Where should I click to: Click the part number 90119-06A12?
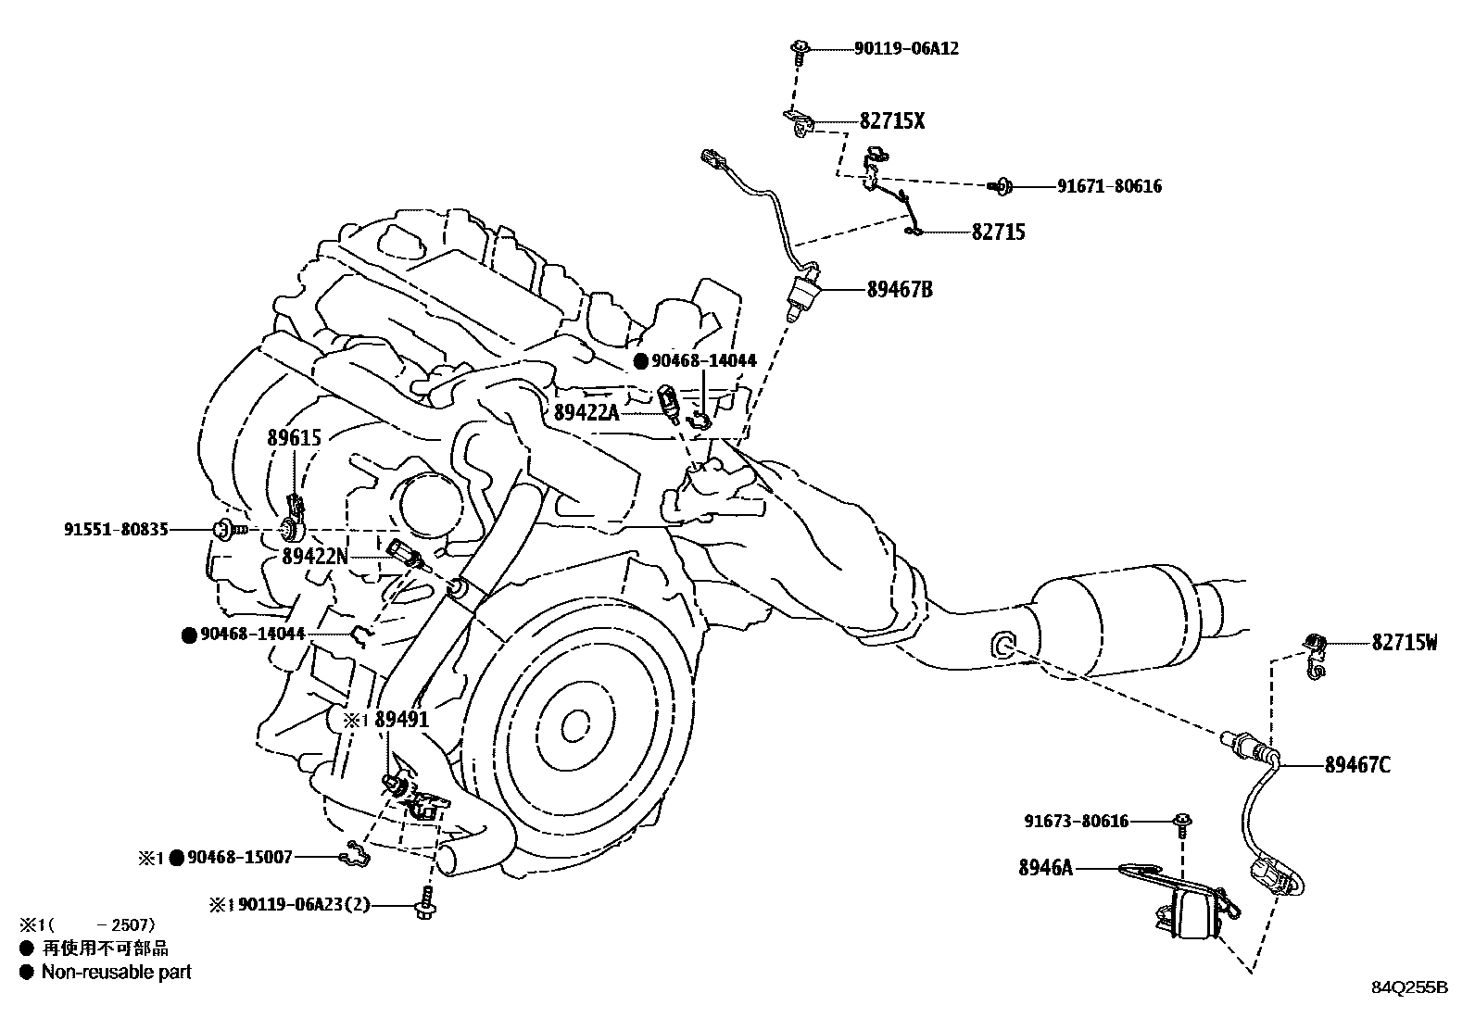906,48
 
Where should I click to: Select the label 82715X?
892,121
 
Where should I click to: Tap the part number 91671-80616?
1109,186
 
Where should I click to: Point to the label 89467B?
900,290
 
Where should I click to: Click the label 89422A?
586,412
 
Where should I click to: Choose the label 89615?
295,438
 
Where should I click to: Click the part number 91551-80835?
117,530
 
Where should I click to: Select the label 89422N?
315,556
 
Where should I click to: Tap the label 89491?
402,719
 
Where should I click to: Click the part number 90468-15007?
240,858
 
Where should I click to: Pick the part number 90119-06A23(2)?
304,904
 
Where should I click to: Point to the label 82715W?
1405,642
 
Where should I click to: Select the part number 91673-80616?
1077,821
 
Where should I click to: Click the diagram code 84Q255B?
1409,987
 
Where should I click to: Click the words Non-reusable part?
117,973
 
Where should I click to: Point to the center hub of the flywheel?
575,723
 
